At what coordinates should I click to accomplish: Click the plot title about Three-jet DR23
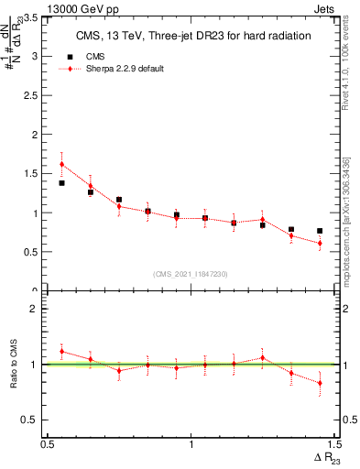(191, 36)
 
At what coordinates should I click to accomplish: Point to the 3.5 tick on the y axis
(33, 17)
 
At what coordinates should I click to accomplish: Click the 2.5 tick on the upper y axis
(33, 95)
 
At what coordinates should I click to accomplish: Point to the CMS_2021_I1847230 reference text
(191, 273)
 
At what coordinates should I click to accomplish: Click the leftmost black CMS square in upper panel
(61, 183)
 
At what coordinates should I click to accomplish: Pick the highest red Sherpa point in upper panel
(61, 165)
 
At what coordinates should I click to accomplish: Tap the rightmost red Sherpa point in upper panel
(320, 243)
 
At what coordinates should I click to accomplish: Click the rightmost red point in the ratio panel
(320, 383)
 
